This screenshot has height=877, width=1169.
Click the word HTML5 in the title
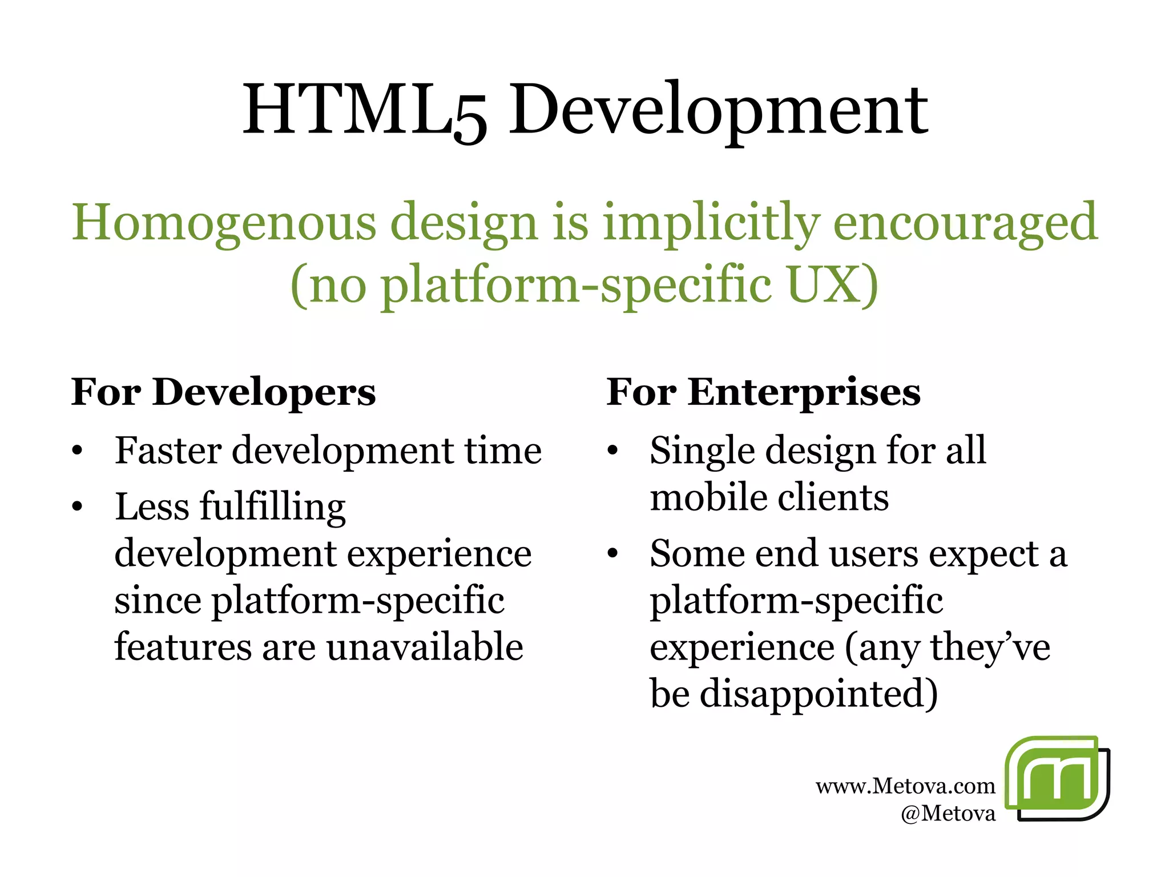[x=365, y=110]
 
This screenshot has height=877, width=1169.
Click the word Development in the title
[x=718, y=110]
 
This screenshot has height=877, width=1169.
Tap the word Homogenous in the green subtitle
[x=224, y=223]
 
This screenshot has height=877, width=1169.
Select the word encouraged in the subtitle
[x=965, y=223]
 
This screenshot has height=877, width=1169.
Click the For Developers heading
[x=224, y=392]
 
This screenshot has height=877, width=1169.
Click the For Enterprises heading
[x=763, y=392]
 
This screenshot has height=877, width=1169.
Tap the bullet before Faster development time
[x=78, y=451]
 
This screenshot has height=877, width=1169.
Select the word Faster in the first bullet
[x=168, y=450]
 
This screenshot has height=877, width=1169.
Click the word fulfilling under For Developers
[x=272, y=507]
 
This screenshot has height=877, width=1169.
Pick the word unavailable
[x=425, y=647]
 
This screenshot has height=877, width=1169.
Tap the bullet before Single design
[x=612, y=451]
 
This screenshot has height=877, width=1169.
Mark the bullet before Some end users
[x=612, y=554]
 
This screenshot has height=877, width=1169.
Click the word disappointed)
[x=819, y=694]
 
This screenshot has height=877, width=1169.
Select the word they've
[x=990, y=647]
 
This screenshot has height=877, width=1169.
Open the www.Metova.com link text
[x=905, y=786]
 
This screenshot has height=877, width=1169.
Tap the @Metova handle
[x=948, y=813]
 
